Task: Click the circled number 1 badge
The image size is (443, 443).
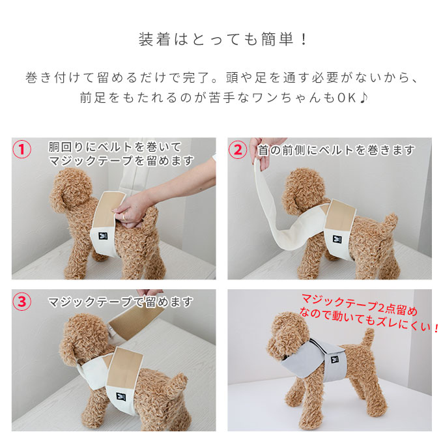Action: [23, 149]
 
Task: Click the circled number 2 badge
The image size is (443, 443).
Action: [239, 149]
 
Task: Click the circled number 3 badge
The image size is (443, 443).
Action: [23, 302]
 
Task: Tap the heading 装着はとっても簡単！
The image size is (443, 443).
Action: [221, 39]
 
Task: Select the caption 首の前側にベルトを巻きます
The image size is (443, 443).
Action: [336, 150]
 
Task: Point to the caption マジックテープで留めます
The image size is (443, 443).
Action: [121, 302]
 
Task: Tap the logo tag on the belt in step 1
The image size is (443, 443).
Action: [104, 235]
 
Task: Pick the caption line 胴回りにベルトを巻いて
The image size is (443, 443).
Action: [115, 147]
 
